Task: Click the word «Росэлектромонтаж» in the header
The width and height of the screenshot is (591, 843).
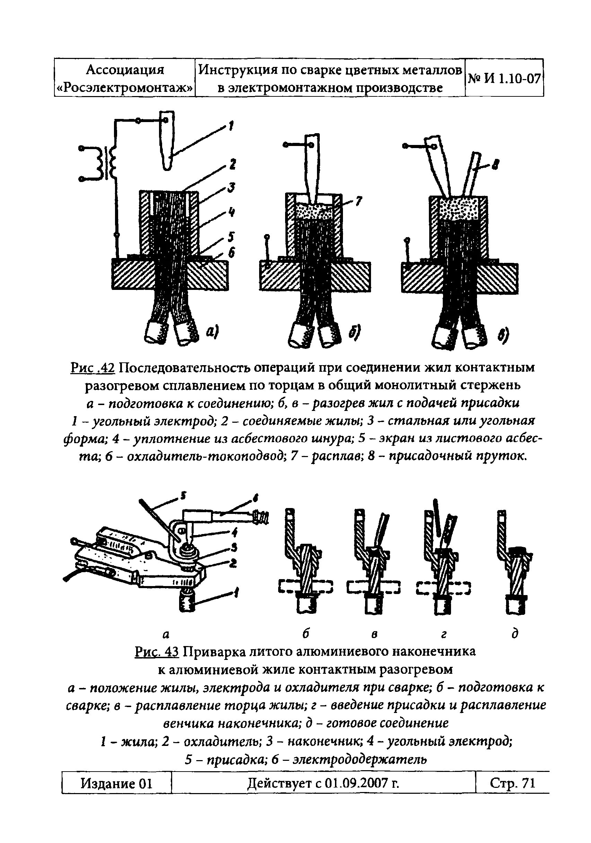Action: point(125,87)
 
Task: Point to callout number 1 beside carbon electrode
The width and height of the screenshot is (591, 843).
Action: point(231,126)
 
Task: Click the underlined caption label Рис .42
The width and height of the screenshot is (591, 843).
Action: point(92,367)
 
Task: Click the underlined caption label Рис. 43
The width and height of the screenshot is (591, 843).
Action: point(156,651)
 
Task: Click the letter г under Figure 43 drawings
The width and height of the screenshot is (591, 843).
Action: point(444,634)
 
